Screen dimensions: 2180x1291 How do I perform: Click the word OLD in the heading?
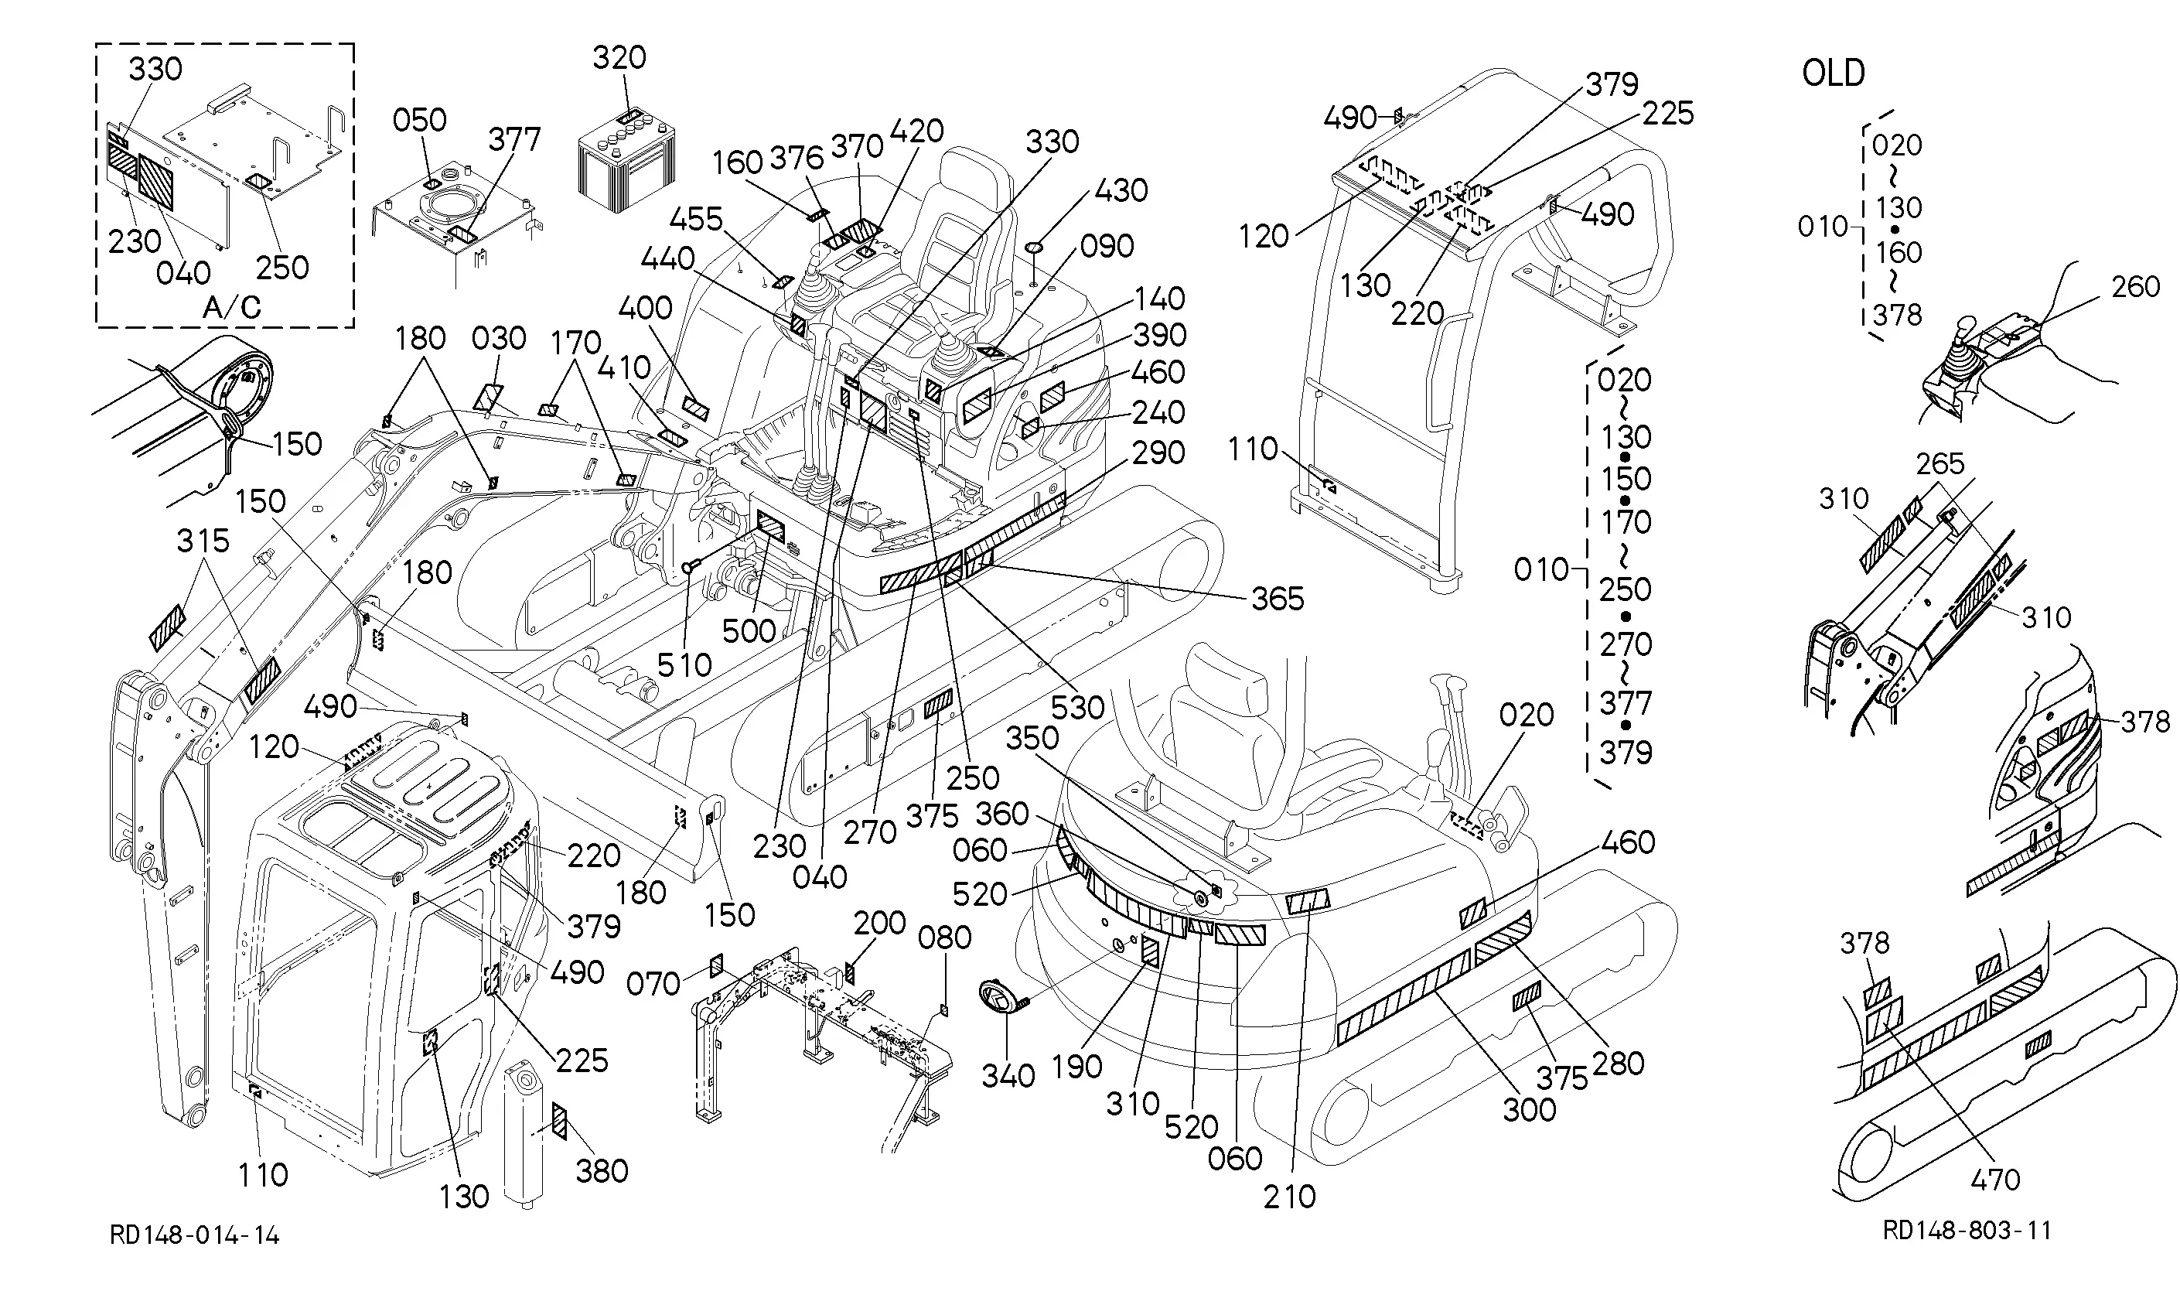coord(1833,73)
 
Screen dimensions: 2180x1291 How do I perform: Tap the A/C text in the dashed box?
coord(231,307)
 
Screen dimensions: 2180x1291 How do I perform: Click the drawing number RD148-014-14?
coord(195,1235)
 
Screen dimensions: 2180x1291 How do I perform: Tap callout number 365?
coord(1278,599)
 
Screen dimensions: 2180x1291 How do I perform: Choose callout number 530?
coord(1077,707)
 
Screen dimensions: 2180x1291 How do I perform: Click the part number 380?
coord(602,1171)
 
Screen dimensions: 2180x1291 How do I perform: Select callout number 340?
coord(1008,1076)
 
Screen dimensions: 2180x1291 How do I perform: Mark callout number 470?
coord(1994,1180)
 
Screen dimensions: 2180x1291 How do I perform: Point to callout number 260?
coord(2136,286)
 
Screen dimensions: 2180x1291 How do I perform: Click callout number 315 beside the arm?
coord(203,541)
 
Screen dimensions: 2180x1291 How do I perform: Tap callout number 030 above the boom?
coord(499,338)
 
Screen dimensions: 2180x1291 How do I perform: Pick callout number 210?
coord(1290,1197)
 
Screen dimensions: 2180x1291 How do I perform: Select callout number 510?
coord(684,664)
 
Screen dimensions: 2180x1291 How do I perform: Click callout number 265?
coord(1940,463)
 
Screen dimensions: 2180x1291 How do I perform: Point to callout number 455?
coord(697,219)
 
